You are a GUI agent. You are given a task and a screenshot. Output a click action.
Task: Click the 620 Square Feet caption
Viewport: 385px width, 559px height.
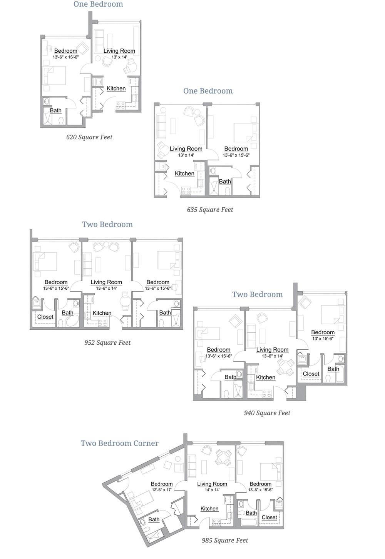tap(89, 137)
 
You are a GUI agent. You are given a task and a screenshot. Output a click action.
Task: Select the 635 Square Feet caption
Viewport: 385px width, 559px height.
tap(210, 210)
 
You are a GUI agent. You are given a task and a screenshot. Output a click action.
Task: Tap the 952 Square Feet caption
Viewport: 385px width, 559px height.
tap(107, 343)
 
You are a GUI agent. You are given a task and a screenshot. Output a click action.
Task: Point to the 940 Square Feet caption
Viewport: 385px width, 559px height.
tap(267, 413)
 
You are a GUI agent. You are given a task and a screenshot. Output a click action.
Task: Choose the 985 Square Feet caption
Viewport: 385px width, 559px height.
tap(225, 541)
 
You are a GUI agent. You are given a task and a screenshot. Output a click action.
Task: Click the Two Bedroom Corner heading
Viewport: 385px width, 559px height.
tap(119, 443)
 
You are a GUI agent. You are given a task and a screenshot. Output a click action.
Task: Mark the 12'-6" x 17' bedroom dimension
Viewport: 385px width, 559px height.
tap(162, 490)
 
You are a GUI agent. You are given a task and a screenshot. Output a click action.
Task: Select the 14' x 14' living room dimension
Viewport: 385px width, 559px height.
tap(212, 490)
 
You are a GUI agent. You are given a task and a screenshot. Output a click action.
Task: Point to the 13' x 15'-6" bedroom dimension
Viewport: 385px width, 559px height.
tap(323, 339)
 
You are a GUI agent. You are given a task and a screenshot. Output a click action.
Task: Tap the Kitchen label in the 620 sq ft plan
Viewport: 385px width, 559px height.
tap(116, 88)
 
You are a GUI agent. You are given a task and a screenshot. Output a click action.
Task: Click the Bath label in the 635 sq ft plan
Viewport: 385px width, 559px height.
tap(225, 182)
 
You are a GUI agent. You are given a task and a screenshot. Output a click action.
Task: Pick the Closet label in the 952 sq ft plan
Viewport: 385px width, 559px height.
tap(45, 317)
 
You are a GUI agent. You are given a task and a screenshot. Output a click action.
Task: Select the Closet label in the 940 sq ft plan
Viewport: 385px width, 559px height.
tap(311, 374)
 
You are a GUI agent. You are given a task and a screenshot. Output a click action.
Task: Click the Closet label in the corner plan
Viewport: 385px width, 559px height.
tap(269, 517)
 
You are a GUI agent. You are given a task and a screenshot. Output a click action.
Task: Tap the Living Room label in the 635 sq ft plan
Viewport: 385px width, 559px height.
tap(186, 149)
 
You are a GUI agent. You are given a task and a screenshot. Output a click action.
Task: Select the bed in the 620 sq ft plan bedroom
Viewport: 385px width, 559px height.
tap(55, 75)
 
